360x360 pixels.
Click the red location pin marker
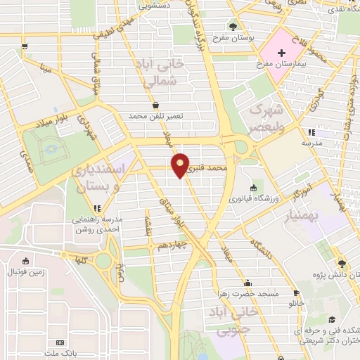(181, 166)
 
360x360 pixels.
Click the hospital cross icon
(282, 53)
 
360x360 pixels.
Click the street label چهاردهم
(171, 246)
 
